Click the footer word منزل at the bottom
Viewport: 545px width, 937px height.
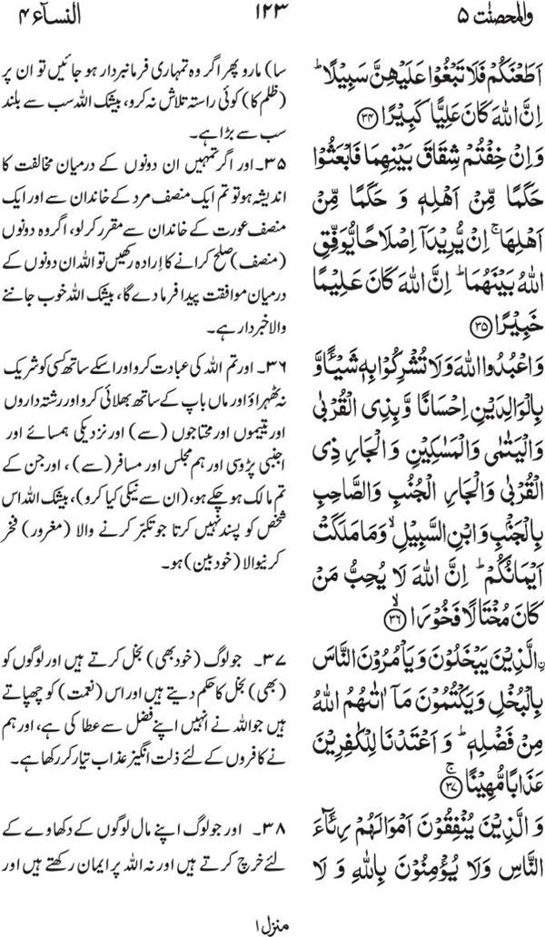click(268, 923)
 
